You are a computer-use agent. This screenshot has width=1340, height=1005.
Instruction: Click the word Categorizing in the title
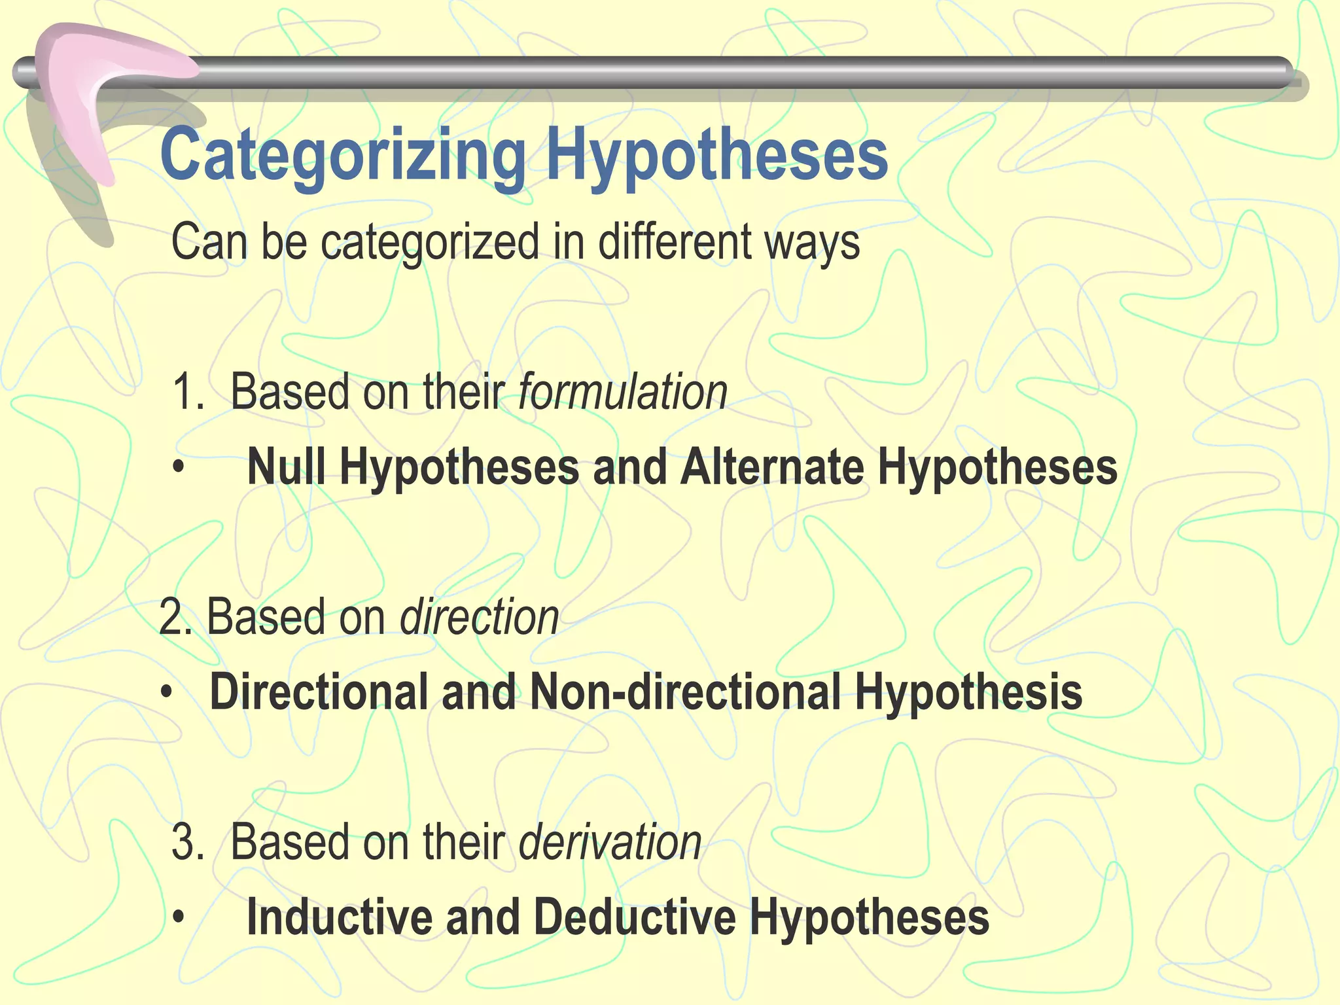point(343,155)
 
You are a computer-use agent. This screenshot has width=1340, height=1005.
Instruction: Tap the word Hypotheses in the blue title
point(717,155)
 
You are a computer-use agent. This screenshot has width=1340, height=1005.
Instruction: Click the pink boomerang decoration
point(98,98)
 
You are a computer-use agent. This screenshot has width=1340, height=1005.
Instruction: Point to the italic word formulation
point(622,393)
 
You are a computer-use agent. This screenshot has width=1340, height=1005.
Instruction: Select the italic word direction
point(479,617)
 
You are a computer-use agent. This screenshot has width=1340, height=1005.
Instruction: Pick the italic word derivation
point(610,842)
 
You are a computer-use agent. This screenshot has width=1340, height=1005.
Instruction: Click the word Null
point(286,467)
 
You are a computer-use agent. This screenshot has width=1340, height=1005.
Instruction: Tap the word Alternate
point(772,467)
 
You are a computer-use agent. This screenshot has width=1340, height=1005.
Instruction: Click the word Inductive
point(340,917)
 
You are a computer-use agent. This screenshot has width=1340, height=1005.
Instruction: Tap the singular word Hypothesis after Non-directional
point(968,692)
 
